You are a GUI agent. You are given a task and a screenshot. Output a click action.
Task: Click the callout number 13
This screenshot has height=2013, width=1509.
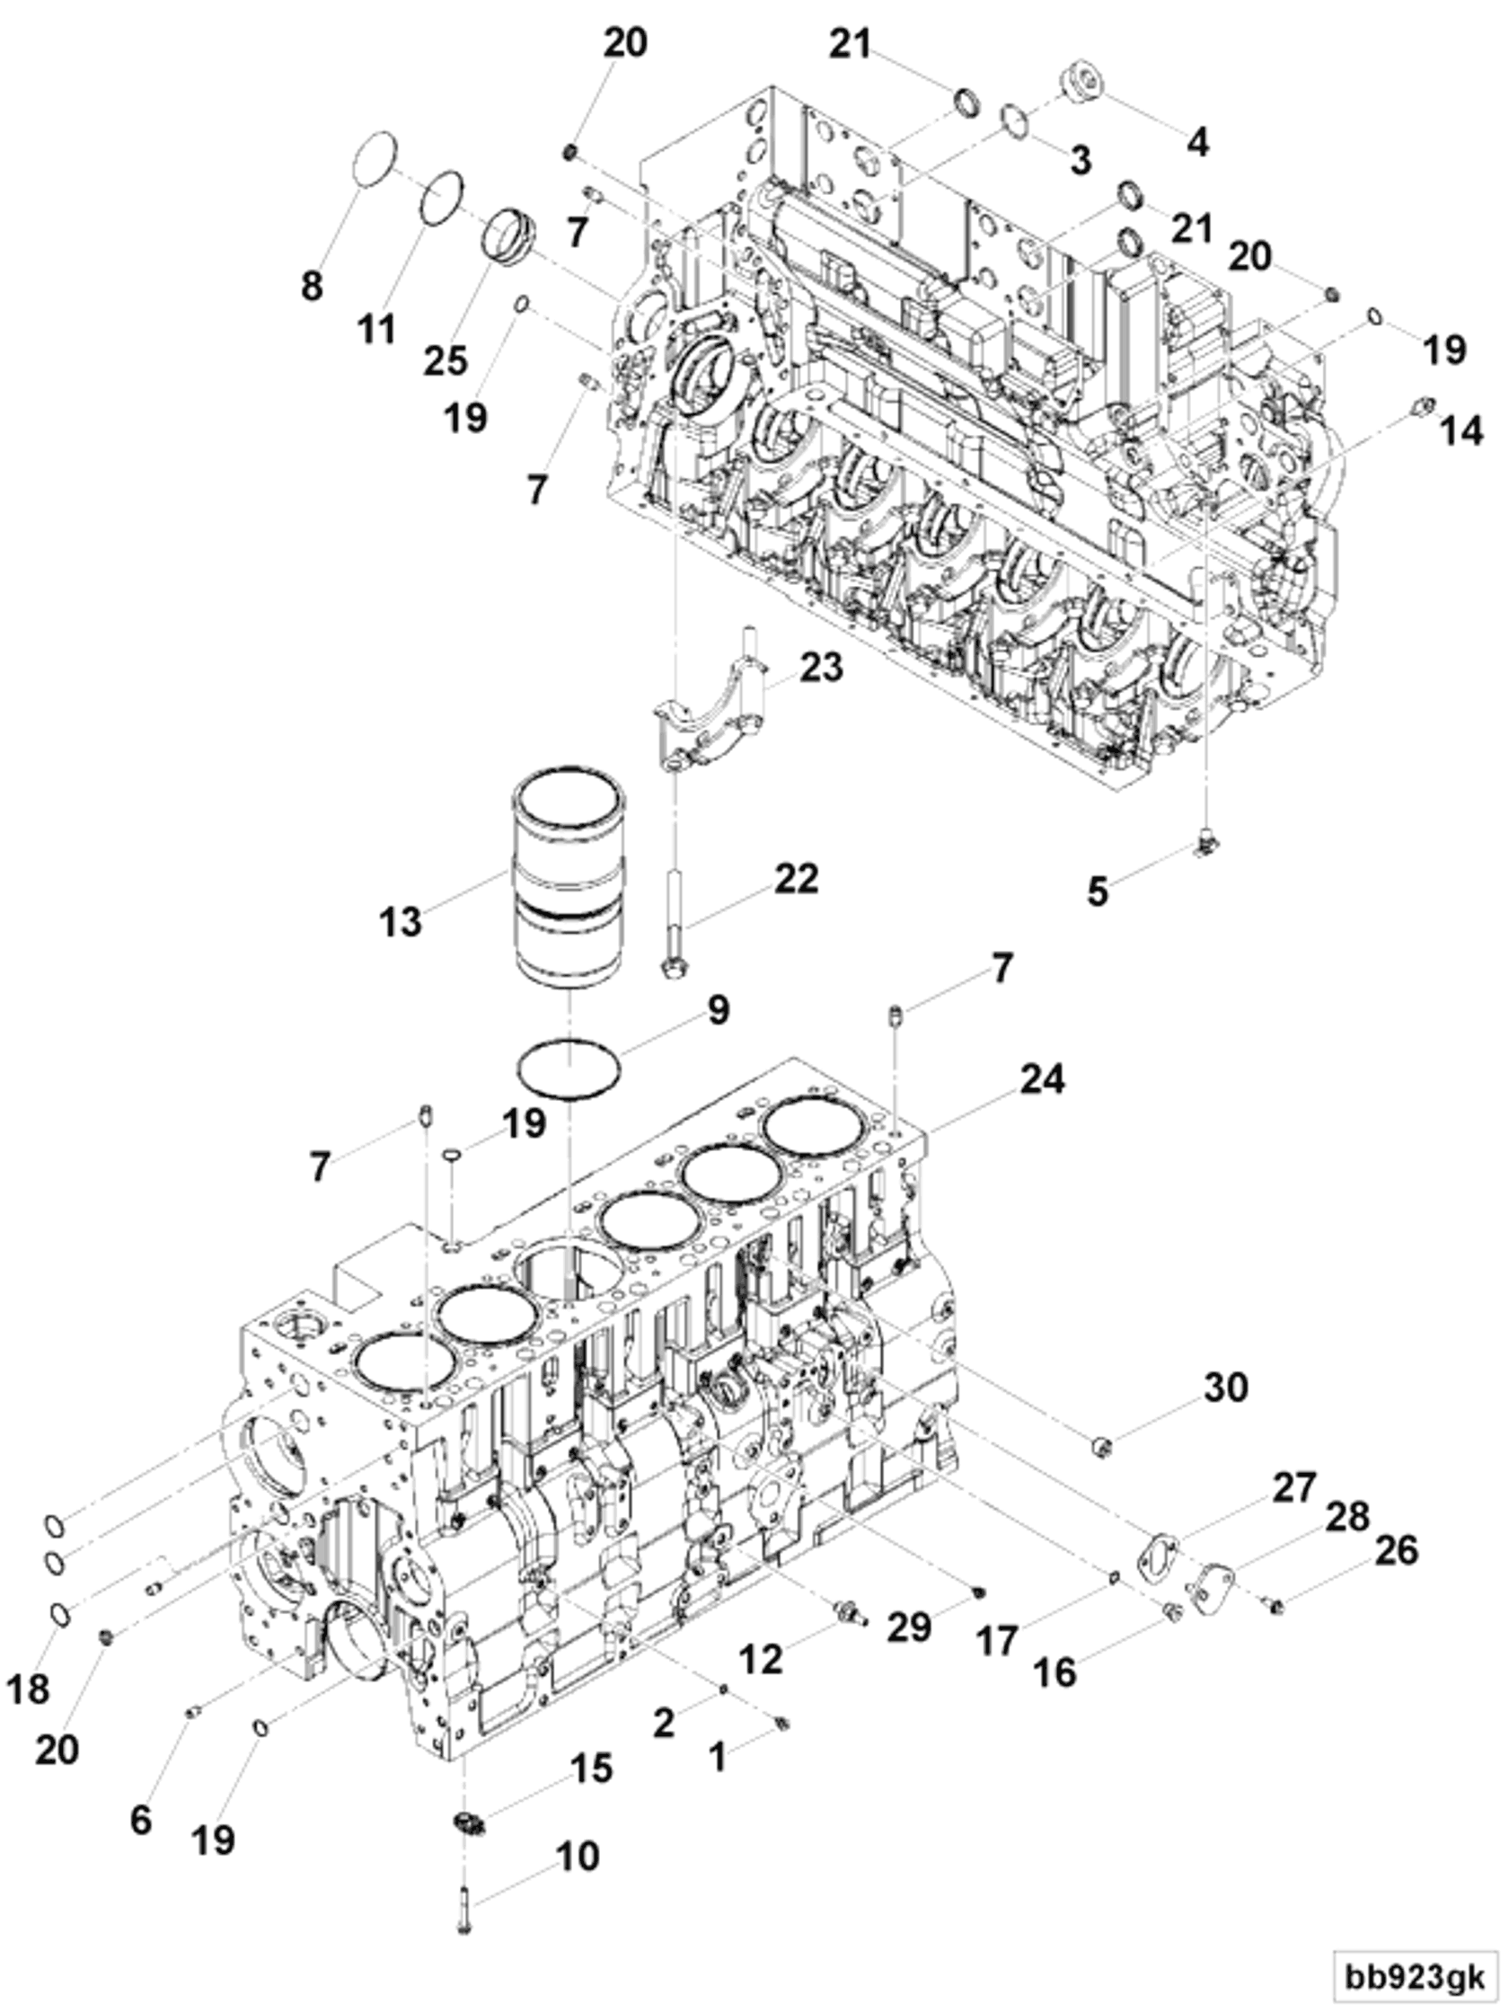[x=402, y=922]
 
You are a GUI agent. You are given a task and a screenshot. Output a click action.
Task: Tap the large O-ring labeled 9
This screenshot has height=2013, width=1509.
[x=569, y=1068]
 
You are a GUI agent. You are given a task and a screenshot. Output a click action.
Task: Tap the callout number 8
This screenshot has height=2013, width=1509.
[x=312, y=286]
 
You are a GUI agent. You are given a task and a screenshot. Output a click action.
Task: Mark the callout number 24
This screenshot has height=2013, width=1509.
[x=1043, y=1078]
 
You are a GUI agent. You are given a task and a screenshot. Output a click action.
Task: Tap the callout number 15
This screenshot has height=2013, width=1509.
[x=591, y=1769]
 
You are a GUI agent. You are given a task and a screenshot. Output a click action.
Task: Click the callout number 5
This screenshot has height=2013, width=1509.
[x=1098, y=891]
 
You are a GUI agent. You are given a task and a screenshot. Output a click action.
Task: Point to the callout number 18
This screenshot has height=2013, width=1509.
[x=27, y=1689]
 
